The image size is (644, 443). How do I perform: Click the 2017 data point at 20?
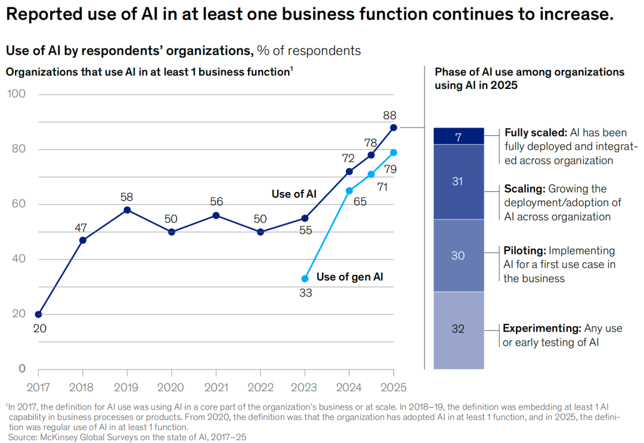(39, 314)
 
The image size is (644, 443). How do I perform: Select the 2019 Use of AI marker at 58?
(128, 210)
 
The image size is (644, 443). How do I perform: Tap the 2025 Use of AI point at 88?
(394, 127)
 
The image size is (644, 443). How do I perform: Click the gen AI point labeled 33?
(305, 278)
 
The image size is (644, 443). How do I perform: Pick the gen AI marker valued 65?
(349, 191)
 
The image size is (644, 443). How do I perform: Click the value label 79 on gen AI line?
(391, 169)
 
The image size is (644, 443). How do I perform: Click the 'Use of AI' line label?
(294, 194)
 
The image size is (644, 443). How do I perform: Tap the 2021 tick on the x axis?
(216, 388)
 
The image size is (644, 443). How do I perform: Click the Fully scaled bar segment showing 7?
(459, 137)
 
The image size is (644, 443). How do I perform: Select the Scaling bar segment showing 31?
(459, 182)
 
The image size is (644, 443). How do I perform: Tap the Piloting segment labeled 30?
(459, 255)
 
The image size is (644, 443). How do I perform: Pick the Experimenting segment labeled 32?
(459, 329)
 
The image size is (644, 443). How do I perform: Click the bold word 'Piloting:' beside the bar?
(524, 251)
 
